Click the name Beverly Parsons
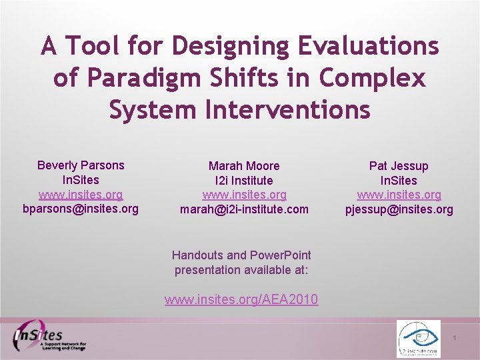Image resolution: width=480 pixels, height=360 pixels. click(x=81, y=165)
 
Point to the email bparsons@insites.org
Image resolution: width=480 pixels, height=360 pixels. click(x=81, y=209)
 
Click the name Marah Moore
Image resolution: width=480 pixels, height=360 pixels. click(x=244, y=165)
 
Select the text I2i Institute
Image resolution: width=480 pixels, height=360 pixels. click(x=244, y=180)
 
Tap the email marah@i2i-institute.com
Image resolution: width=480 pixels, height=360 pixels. click(x=244, y=209)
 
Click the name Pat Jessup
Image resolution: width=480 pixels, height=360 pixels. click(x=399, y=165)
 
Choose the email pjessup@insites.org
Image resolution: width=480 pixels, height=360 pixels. click(x=399, y=209)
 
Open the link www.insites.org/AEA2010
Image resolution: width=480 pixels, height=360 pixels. click(x=241, y=300)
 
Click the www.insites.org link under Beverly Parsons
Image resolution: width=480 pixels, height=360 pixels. click(x=81, y=195)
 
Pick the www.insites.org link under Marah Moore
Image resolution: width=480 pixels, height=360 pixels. click(x=244, y=195)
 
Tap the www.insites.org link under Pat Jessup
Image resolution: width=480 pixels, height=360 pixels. click(x=399, y=195)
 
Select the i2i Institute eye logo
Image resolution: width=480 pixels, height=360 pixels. click(x=418, y=339)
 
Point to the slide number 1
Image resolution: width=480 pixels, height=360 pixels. click(x=454, y=339)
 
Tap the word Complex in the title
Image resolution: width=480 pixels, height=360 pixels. click(x=372, y=78)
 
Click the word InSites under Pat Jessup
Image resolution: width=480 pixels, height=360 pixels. click(x=399, y=180)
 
